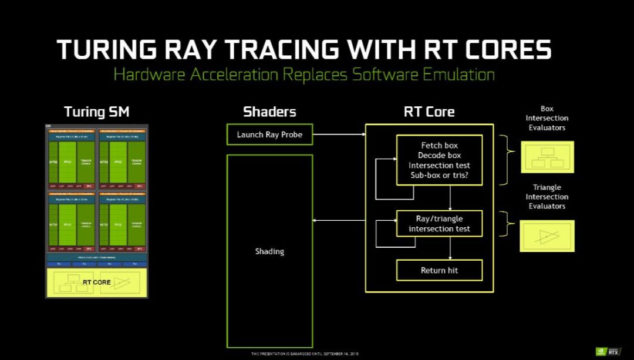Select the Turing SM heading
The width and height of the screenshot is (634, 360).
[96, 112]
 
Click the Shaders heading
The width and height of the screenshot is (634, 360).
[269, 112]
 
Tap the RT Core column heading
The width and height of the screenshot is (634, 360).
[429, 112]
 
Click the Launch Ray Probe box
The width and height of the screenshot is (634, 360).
[269, 134]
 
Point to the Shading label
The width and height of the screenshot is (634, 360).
[269, 251]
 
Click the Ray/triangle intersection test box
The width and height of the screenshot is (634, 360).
[440, 224]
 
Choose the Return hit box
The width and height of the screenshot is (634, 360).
[440, 271]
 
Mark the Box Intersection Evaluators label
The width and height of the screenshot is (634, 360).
[547, 118]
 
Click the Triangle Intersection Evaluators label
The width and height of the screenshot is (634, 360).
[547, 197]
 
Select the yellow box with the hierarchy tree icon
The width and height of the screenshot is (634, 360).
[547, 157]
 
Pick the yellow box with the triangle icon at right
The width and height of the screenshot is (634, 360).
[547, 235]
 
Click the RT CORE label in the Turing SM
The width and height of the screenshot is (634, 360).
[96, 282]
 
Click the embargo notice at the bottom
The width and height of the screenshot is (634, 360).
[304, 354]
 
